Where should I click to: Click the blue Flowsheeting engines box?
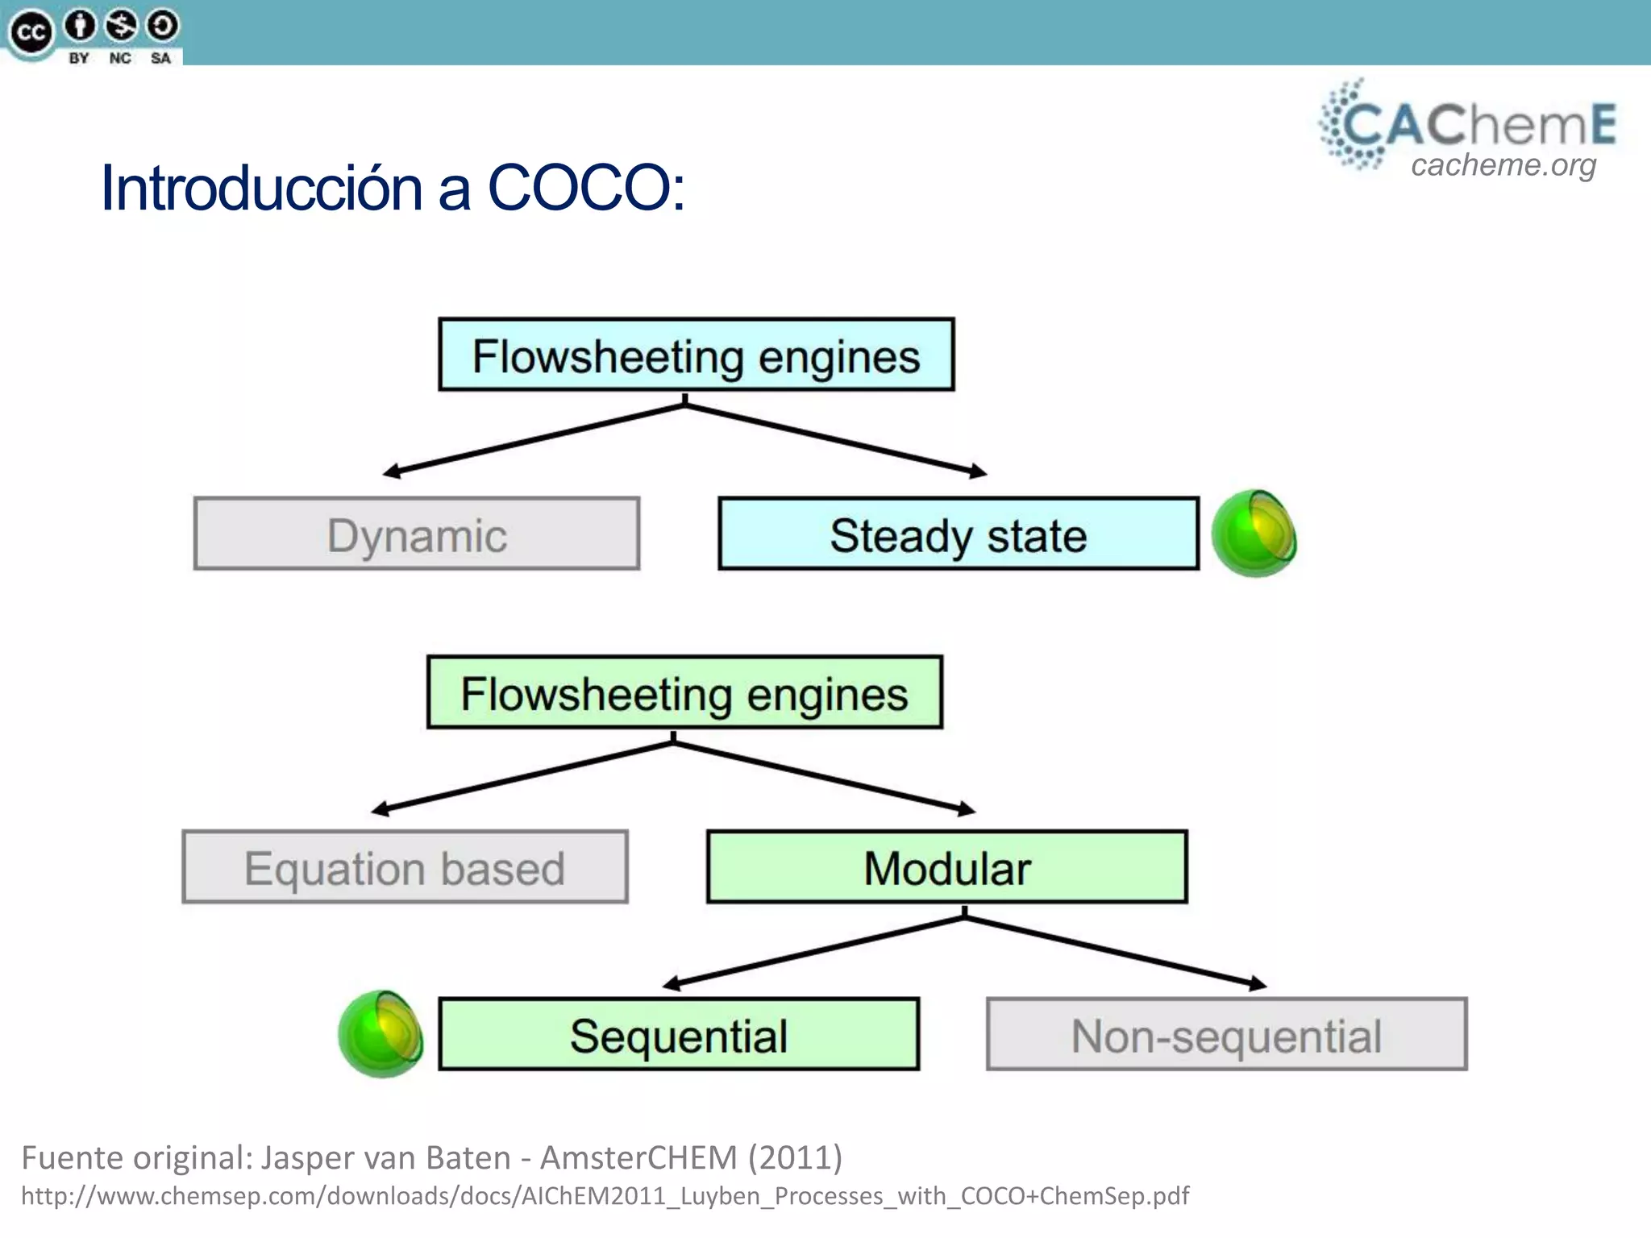(x=697, y=355)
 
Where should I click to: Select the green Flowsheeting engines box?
(x=684, y=692)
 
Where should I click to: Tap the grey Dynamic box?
(x=417, y=534)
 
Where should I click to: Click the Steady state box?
(x=959, y=534)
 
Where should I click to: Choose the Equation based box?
(x=405, y=867)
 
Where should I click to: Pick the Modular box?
(x=947, y=867)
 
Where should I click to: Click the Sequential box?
(x=679, y=1034)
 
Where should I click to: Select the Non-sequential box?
(x=1226, y=1034)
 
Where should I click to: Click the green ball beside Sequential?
(x=381, y=1034)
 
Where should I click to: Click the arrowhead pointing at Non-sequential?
(x=1258, y=984)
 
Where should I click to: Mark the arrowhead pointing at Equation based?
(x=380, y=810)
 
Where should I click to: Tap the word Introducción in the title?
(x=262, y=188)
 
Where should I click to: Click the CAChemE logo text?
(x=1479, y=125)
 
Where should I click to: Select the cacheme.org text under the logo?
(x=1503, y=165)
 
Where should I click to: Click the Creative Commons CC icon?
(x=30, y=32)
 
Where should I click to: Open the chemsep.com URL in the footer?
(x=605, y=1195)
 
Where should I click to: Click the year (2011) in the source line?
(x=795, y=1157)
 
